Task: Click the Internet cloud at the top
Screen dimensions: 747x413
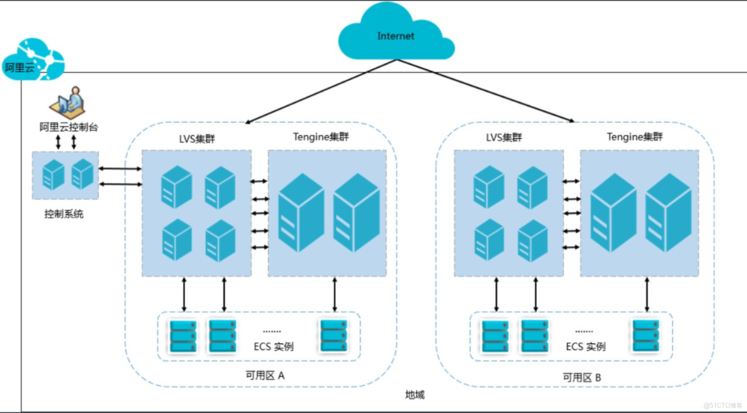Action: [396, 32]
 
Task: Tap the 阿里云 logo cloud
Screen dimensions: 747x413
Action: [33, 59]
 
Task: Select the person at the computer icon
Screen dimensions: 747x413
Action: [68, 102]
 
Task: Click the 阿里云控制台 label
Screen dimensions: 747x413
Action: [69, 128]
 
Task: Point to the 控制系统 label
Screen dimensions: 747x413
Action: [64, 214]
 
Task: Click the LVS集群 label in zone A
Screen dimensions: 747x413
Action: [197, 139]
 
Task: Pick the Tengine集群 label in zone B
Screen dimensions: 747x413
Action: [635, 137]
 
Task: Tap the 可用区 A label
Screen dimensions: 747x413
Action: [265, 376]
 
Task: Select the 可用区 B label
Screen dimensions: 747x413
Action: [582, 378]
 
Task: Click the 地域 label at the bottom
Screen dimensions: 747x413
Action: [415, 395]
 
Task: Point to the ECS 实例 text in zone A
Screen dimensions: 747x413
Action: [273, 347]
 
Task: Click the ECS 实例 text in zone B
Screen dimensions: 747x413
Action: [585, 347]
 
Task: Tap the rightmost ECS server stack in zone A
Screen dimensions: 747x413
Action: [334, 336]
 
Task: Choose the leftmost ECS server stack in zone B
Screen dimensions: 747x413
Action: [495, 337]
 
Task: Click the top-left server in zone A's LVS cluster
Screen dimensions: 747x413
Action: [176, 187]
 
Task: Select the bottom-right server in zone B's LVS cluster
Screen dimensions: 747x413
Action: [532, 241]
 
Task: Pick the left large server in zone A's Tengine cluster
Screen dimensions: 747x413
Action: [301, 213]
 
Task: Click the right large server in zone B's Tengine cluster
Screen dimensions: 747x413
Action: [668, 213]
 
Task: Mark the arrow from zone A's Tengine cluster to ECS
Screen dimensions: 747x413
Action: [334, 294]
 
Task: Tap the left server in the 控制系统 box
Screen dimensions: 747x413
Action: [53, 174]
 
